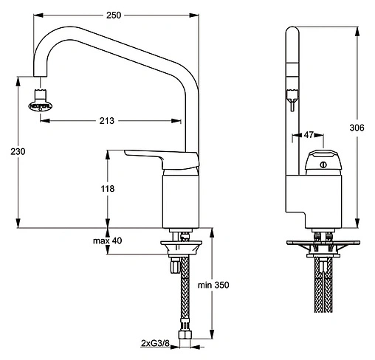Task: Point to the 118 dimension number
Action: pos(107,190)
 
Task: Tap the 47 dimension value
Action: pos(309,136)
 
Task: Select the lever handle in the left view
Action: pos(159,158)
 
